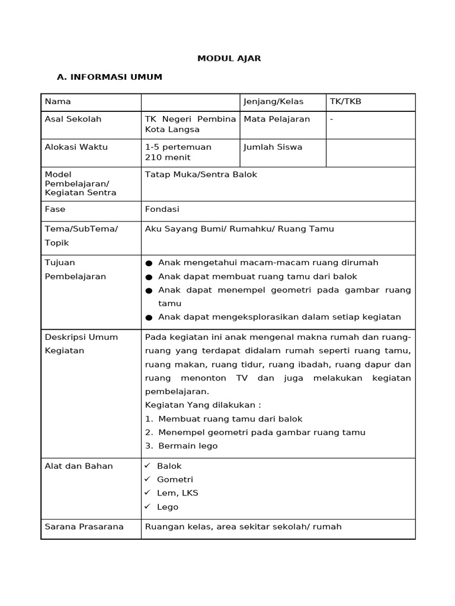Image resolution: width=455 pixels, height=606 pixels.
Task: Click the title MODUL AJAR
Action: click(229, 59)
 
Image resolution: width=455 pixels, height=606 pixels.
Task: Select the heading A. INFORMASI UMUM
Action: click(109, 77)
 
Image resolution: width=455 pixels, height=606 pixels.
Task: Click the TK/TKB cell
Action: click(345, 102)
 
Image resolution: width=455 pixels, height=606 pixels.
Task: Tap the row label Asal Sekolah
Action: click(73, 119)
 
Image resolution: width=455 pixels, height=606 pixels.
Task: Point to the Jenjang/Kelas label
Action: click(274, 102)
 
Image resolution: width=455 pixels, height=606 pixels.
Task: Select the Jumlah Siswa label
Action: click(273, 147)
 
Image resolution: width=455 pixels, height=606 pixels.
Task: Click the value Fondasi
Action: click(162, 209)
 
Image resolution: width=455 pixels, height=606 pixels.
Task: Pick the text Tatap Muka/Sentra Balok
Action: click(201, 175)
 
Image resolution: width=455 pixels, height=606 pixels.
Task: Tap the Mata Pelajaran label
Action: click(277, 119)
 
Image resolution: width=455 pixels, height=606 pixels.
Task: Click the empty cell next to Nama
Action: click(190, 102)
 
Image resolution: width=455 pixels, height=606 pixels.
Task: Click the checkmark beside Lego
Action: click(148, 507)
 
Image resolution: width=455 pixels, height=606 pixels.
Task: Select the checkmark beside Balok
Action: click(148, 466)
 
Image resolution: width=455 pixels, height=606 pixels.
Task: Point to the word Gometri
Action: click(175, 479)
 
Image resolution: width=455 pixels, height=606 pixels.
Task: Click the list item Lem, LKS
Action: click(177, 493)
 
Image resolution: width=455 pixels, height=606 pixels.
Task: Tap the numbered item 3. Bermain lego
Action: click(181, 446)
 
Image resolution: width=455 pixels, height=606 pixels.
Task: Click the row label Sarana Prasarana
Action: click(84, 527)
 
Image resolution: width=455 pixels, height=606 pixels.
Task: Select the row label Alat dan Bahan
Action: click(79, 466)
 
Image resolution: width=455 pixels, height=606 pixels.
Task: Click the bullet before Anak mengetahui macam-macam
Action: click(149, 263)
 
